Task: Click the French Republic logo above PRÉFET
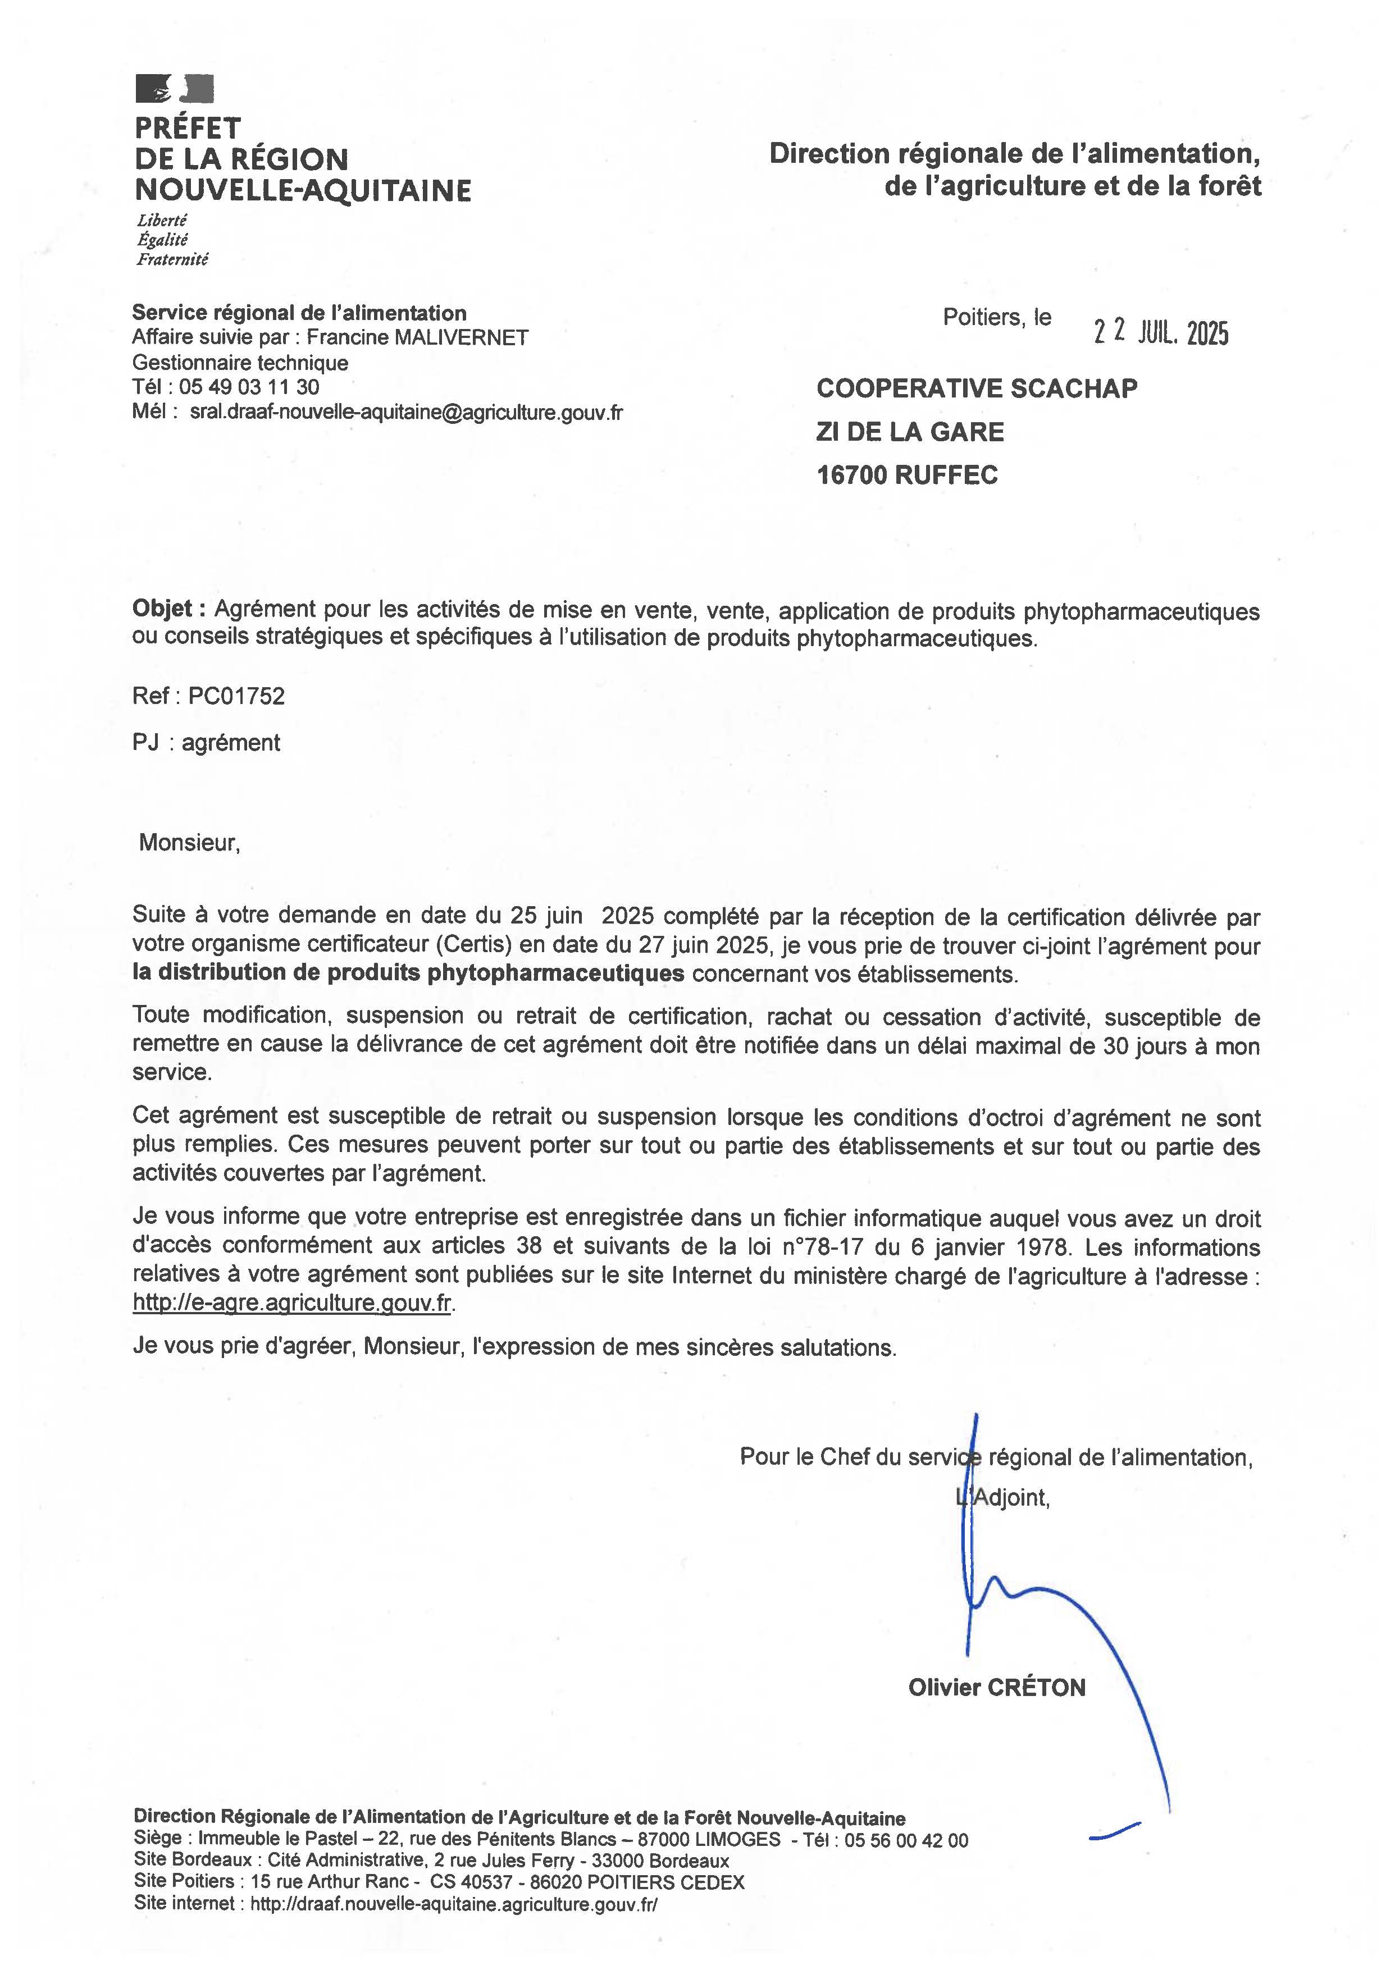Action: click(174, 89)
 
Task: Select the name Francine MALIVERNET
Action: click(417, 337)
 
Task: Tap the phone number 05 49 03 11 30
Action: click(249, 387)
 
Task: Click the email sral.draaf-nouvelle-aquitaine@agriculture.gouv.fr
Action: click(406, 412)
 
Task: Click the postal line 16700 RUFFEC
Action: click(906, 475)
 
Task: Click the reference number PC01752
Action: click(236, 696)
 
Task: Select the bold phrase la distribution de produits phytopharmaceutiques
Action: click(408, 973)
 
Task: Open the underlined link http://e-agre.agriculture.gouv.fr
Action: click(292, 1302)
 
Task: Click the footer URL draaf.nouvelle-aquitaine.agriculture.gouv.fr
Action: click(454, 1904)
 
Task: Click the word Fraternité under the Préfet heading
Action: click(172, 258)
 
